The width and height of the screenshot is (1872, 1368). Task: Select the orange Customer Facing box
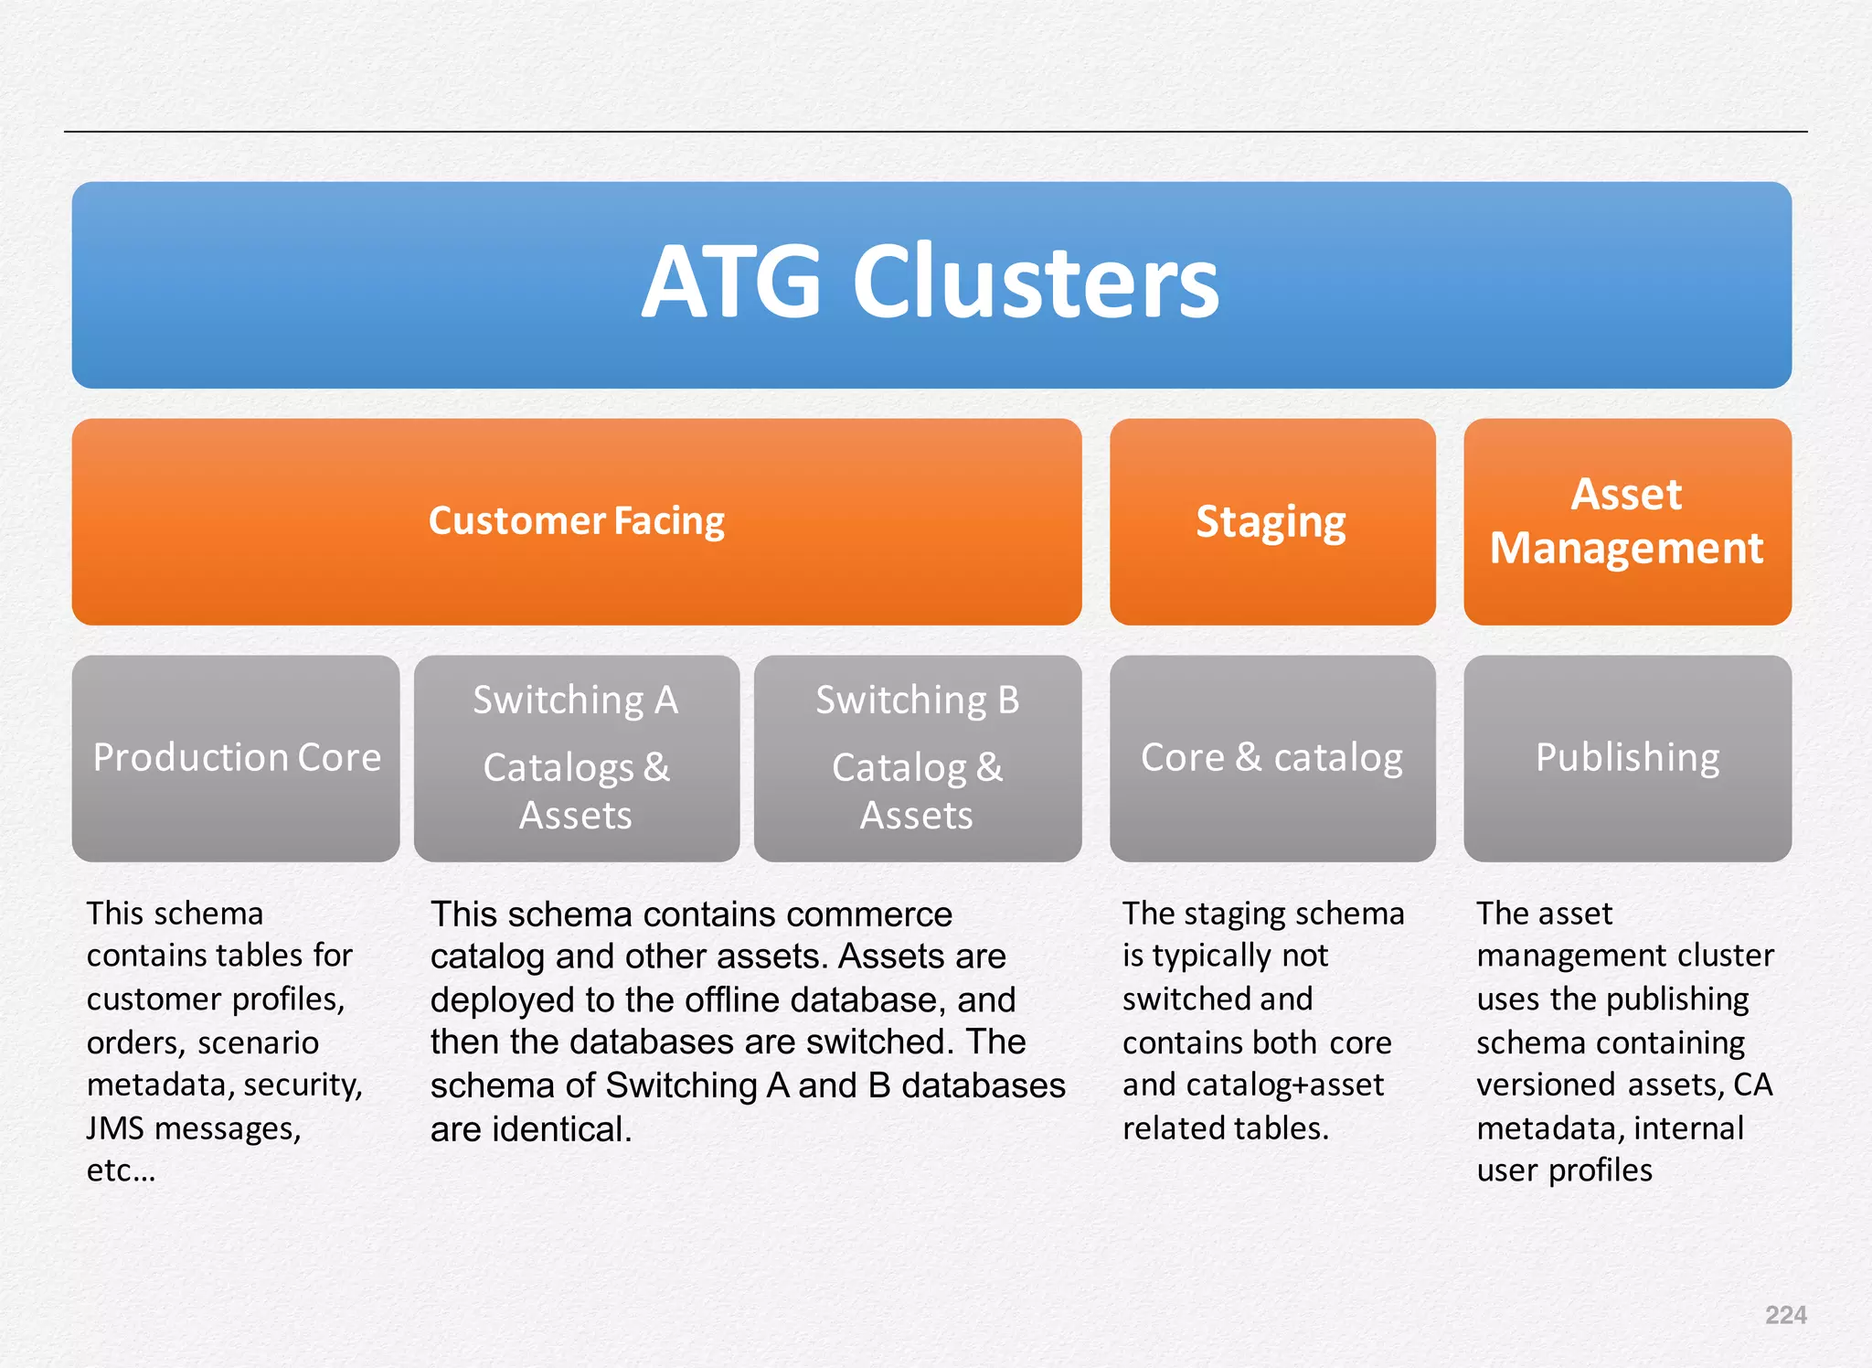(576, 521)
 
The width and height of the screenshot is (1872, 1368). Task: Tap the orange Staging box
(1271, 522)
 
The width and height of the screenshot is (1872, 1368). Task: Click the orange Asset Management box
(1626, 521)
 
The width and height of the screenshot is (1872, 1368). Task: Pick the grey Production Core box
(236, 758)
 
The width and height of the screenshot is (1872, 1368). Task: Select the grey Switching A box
(576, 758)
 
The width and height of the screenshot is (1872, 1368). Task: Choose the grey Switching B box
(917, 758)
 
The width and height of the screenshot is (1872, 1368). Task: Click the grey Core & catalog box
(1271, 758)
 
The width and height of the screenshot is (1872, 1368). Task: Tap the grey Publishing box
(1626, 758)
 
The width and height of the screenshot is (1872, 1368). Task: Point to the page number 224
(1785, 1315)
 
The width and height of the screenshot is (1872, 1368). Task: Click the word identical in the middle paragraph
(562, 1129)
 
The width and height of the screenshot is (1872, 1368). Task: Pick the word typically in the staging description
(1212, 956)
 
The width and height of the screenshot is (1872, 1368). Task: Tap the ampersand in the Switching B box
(989, 767)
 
